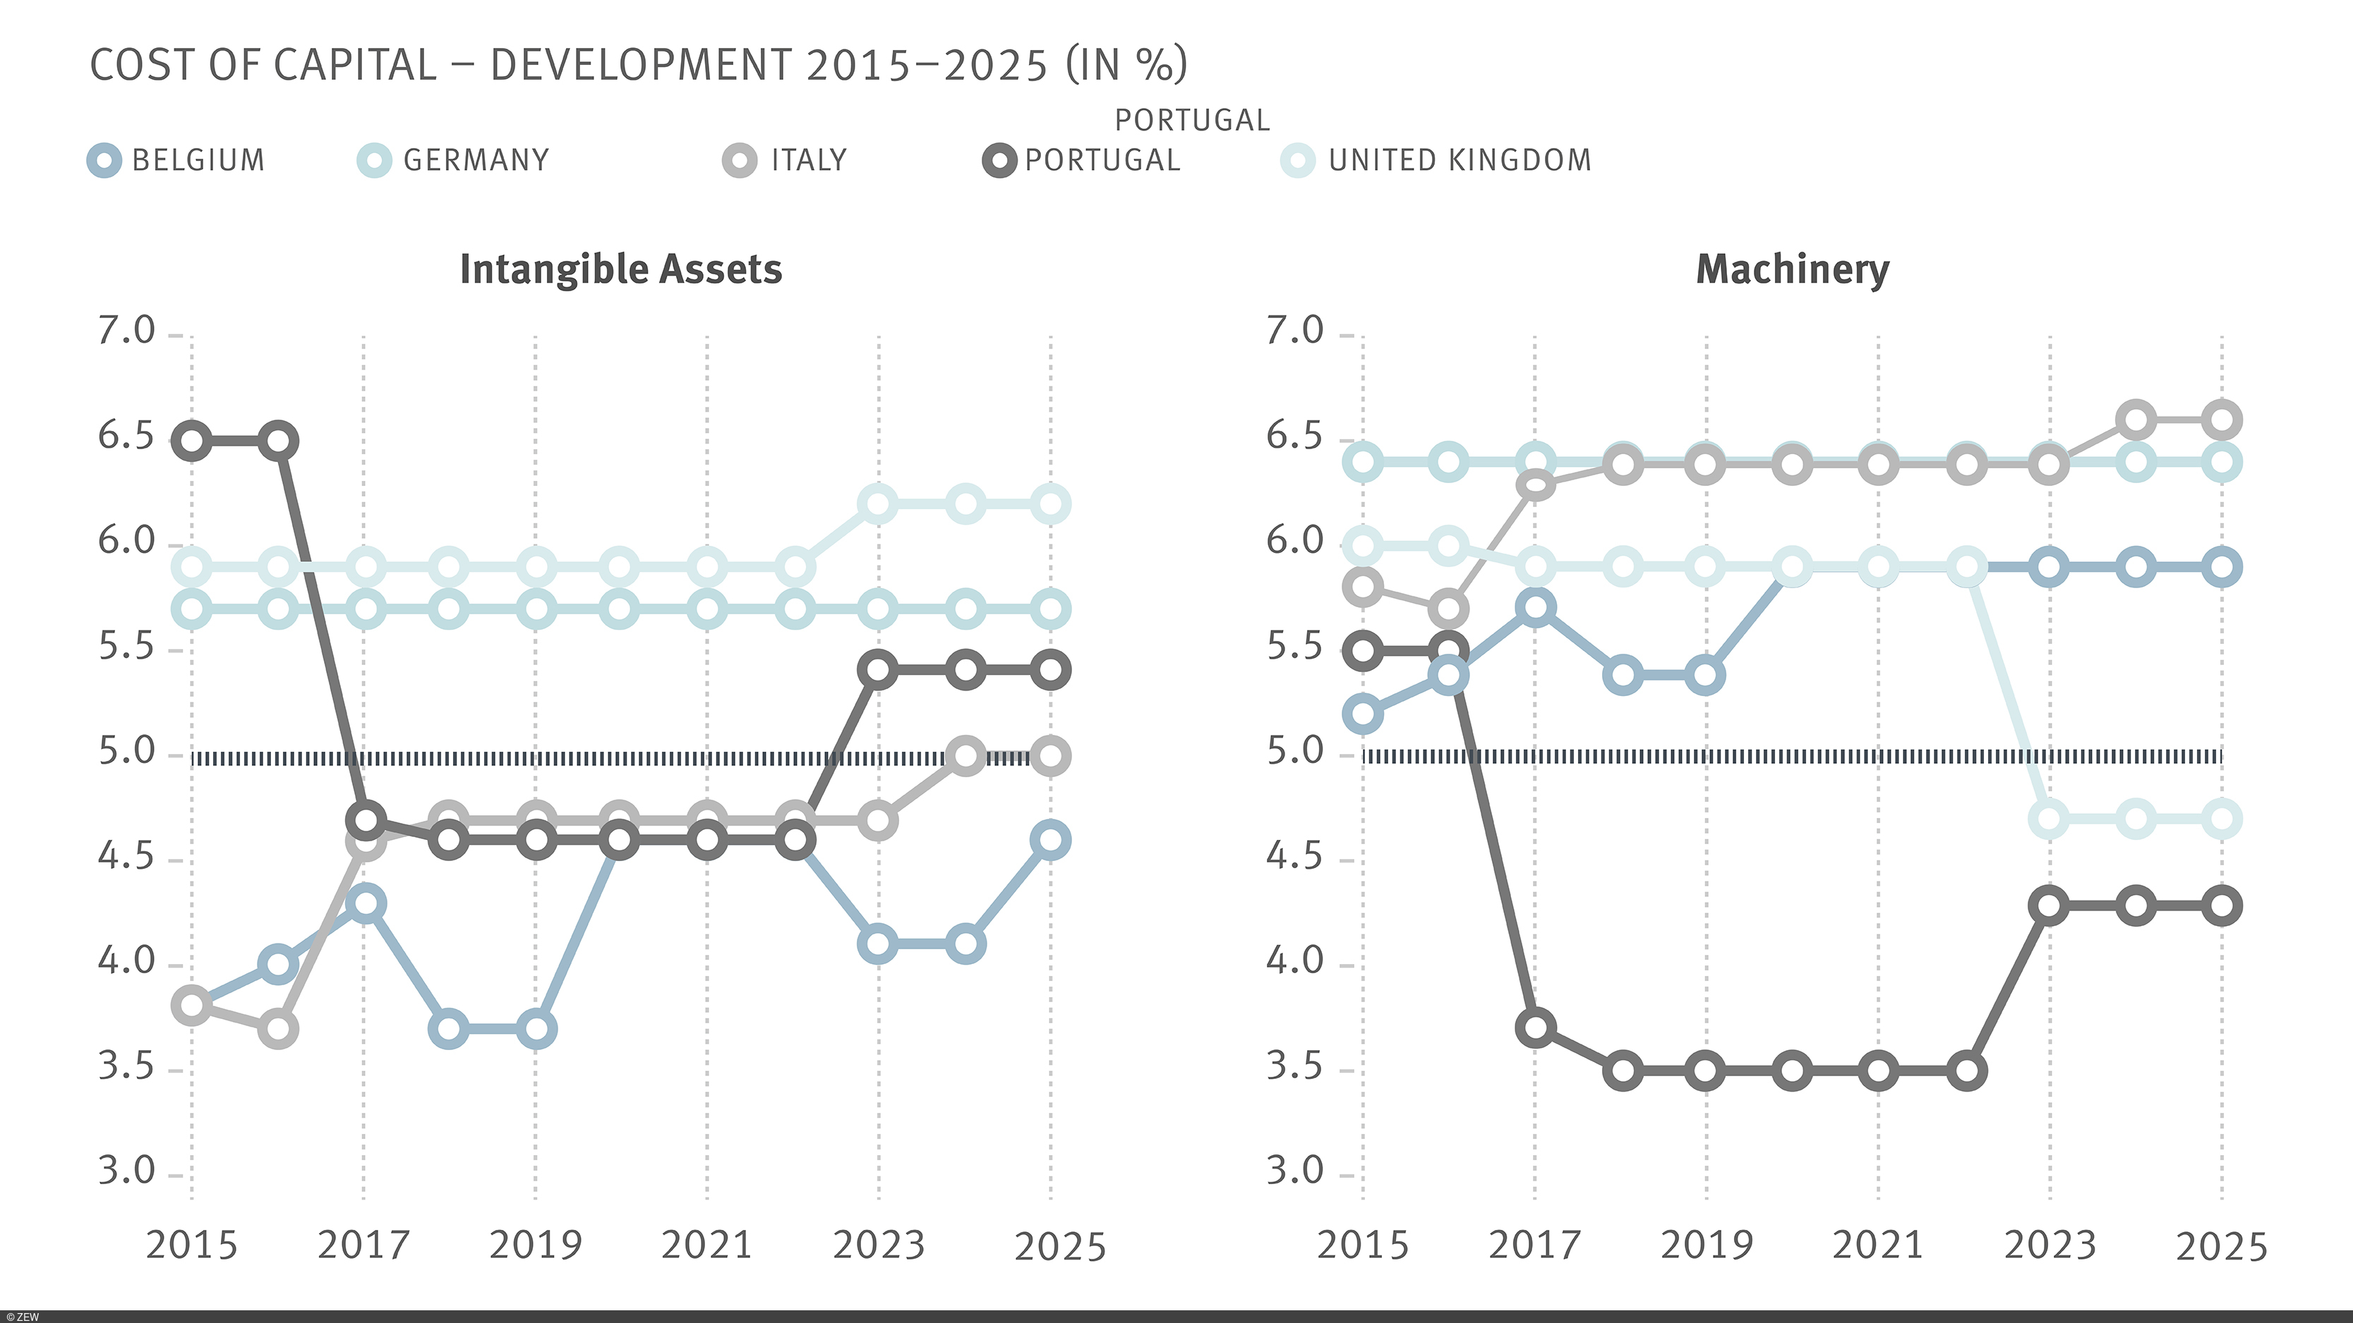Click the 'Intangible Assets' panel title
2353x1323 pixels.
coord(620,269)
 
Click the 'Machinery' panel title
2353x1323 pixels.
coord(1792,269)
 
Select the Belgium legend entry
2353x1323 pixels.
coord(177,161)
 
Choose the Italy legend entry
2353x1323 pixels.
coord(786,161)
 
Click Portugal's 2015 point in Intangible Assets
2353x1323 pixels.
coord(192,441)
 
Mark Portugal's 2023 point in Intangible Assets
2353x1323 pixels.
coord(878,670)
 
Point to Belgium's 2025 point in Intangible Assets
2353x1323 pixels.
coord(1050,840)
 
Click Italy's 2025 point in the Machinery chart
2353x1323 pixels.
coord(2222,420)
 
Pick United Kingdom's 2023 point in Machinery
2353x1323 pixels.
coord(2049,818)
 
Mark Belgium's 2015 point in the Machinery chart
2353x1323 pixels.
coord(1363,713)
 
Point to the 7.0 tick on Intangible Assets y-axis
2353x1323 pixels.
coord(127,331)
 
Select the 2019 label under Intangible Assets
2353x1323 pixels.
coord(534,1245)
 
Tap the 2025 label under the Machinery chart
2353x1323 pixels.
coord(2222,1246)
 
